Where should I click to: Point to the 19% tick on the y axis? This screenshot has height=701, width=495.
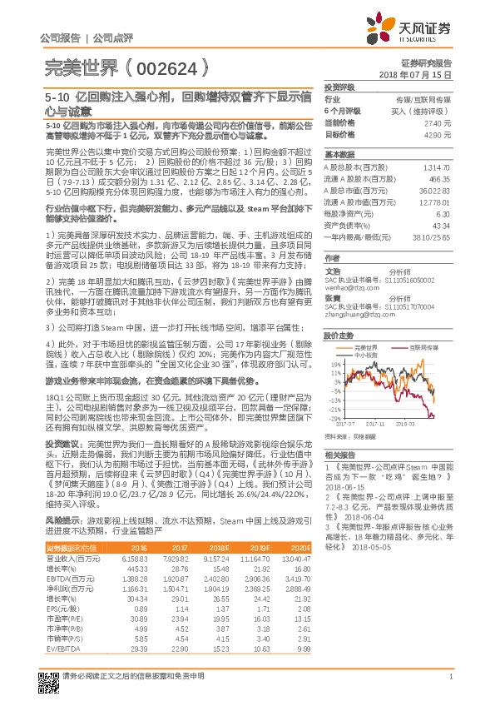tap(336, 364)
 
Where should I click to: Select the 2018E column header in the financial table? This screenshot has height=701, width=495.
tap(219, 548)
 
